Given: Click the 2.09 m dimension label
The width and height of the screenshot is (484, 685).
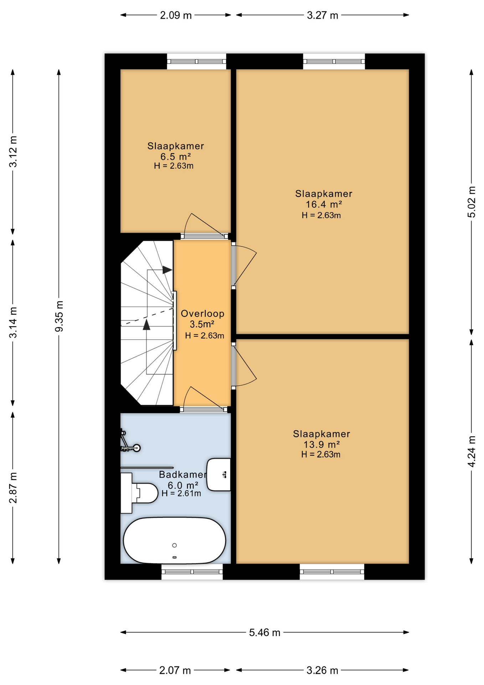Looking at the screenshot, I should point(175,15).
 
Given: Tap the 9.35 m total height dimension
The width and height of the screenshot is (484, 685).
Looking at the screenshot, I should point(59,316).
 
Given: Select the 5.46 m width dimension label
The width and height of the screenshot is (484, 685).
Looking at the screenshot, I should point(264,633).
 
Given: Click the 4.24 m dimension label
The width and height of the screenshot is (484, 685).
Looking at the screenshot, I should point(471,451).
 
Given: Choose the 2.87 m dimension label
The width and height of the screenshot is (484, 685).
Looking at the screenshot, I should point(13,488).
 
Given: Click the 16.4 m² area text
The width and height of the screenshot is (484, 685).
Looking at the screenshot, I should point(324,204).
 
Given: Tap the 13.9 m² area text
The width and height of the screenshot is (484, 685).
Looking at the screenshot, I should point(321,445).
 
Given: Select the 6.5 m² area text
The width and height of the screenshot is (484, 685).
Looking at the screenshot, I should point(175,157).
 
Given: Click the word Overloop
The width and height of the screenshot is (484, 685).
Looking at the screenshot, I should point(202,314).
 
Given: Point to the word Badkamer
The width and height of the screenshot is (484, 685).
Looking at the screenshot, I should point(182,475).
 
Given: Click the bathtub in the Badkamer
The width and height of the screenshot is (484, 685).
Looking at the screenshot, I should point(174,540).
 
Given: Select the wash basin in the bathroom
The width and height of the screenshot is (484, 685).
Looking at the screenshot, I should point(219,475).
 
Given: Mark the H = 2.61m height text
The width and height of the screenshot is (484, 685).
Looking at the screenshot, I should point(181,493).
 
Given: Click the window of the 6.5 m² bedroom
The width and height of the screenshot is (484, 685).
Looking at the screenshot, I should point(196,61).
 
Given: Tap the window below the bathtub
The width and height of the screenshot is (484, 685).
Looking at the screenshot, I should point(192,572).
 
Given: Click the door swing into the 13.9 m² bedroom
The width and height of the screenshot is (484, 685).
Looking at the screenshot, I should point(244,367).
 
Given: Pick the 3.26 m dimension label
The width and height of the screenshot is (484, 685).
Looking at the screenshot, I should point(322,670).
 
